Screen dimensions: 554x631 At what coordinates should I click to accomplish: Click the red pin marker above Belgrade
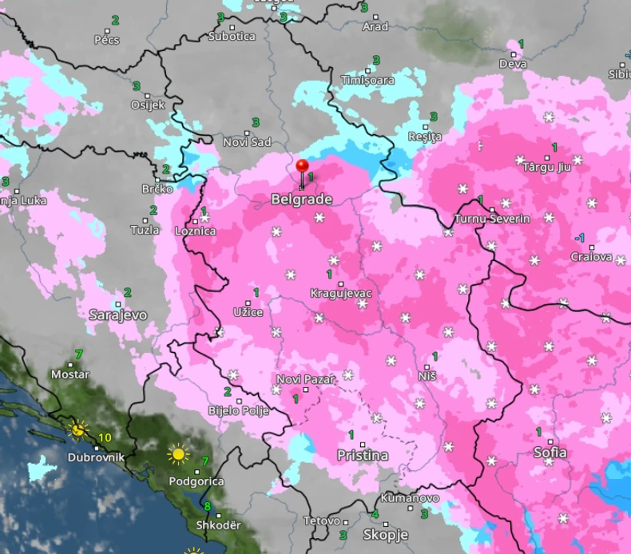pos(302,167)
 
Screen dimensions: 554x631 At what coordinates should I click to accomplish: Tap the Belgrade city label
pos(296,199)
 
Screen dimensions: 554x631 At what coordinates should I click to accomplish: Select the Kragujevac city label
pos(341,294)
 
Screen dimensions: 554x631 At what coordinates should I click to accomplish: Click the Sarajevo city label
pos(118,315)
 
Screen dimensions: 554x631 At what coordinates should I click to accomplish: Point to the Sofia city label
pos(550,453)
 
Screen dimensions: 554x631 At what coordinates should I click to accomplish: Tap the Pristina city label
pos(362,455)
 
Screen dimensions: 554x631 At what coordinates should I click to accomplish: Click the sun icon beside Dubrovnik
pos(78,429)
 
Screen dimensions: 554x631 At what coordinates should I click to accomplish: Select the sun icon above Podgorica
pos(178,455)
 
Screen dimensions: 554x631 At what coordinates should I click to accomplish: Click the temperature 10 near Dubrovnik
pos(105,437)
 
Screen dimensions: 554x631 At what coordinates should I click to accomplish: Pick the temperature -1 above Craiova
pos(580,238)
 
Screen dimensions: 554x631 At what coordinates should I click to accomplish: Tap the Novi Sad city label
pos(247,142)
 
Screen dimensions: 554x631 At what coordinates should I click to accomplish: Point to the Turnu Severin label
pos(491,219)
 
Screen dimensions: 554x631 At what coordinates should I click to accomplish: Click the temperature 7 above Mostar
pos(77,354)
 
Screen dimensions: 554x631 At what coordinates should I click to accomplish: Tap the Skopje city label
pos(386,534)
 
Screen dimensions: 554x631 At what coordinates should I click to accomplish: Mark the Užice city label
pos(248,311)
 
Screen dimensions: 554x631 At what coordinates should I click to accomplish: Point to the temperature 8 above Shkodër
pos(208,506)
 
